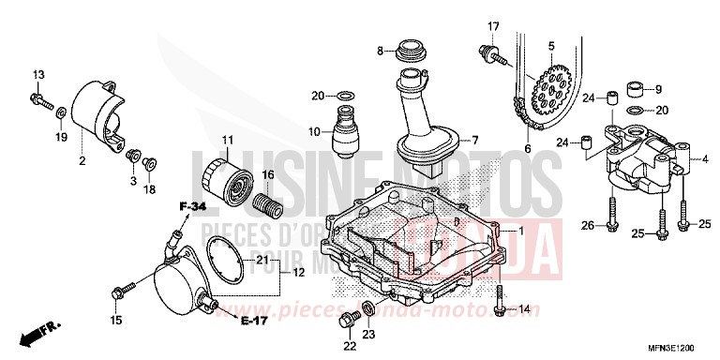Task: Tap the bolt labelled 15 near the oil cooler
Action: tap(117, 292)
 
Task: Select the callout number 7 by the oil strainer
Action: tap(475, 141)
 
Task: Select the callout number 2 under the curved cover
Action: tap(82, 161)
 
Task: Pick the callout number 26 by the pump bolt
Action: tap(586, 224)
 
